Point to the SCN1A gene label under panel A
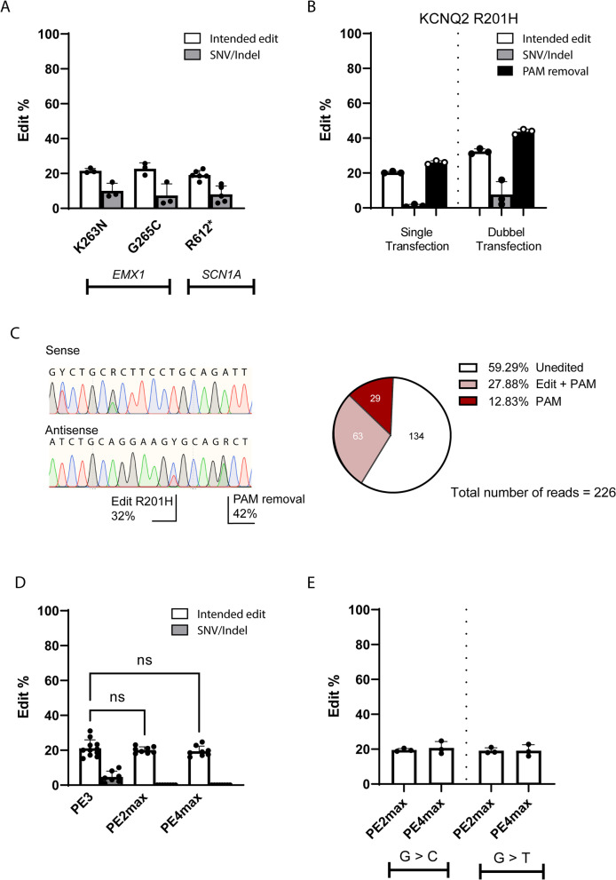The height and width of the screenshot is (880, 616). tap(221, 265)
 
